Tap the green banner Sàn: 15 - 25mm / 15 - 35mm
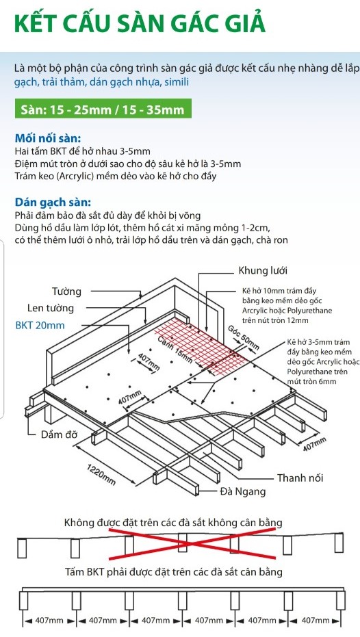(103, 109)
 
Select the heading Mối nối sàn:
(48, 138)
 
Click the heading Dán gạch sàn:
(53, 203)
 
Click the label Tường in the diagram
(66, 291)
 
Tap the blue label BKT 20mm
(40, 326)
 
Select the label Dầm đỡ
(59, 434)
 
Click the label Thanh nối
(300, 478)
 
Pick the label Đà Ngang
(243, 491)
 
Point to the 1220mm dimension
(101, 473)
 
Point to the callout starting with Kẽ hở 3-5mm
(318, 361)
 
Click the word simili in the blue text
(177, 81)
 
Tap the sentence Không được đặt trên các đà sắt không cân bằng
(173, 522)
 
